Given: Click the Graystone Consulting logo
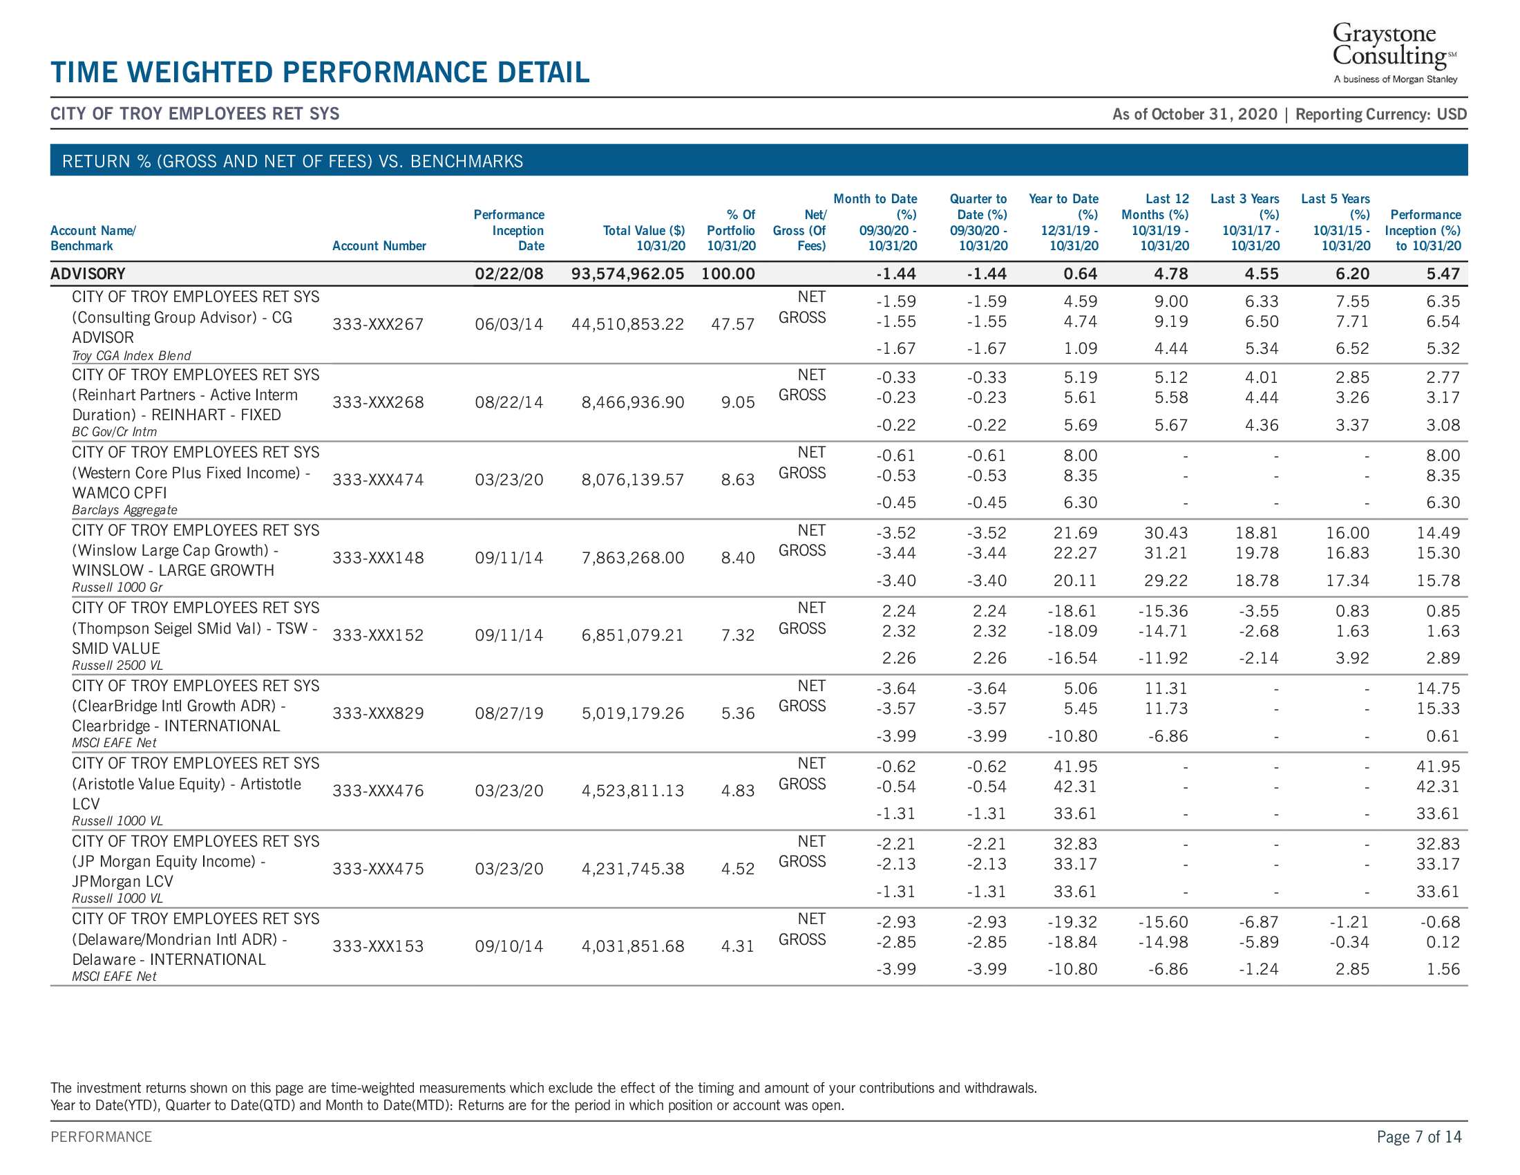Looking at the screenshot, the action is click(x=1395, y=53).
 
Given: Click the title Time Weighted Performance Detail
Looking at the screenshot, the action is click(x=320, y=73).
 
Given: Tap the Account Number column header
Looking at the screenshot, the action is click(x=379, y=246).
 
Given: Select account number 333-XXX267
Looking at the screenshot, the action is click(x=378, y=324).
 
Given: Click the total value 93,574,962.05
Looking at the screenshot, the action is click(x=628, y=274).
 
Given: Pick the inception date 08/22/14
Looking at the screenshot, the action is click(x=509, y=402).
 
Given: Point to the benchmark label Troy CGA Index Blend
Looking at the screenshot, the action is click(x=131, y=356).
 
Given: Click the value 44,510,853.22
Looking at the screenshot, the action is click(x=628, y=324).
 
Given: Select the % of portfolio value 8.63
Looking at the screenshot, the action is click(x=738, y=480).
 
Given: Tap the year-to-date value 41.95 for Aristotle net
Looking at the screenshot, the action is click(x=1075, y=767).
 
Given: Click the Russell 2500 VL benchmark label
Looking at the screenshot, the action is click(x=117, y=666).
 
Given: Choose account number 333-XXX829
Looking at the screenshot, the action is click(x=378, y=713).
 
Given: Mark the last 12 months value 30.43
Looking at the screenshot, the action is click(x=1166, y=533).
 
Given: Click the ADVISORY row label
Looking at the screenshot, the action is click(x=88, y=274).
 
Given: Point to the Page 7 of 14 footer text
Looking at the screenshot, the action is click(x=1419, y=1137).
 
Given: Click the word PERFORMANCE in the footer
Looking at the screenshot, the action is click(x=101, y=1137).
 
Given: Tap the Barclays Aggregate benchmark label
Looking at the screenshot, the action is click(x=124, y=510).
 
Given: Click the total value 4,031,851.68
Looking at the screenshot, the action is click(x=634, y=947).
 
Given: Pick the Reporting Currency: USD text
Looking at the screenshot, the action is click(x=1382, y=114).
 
